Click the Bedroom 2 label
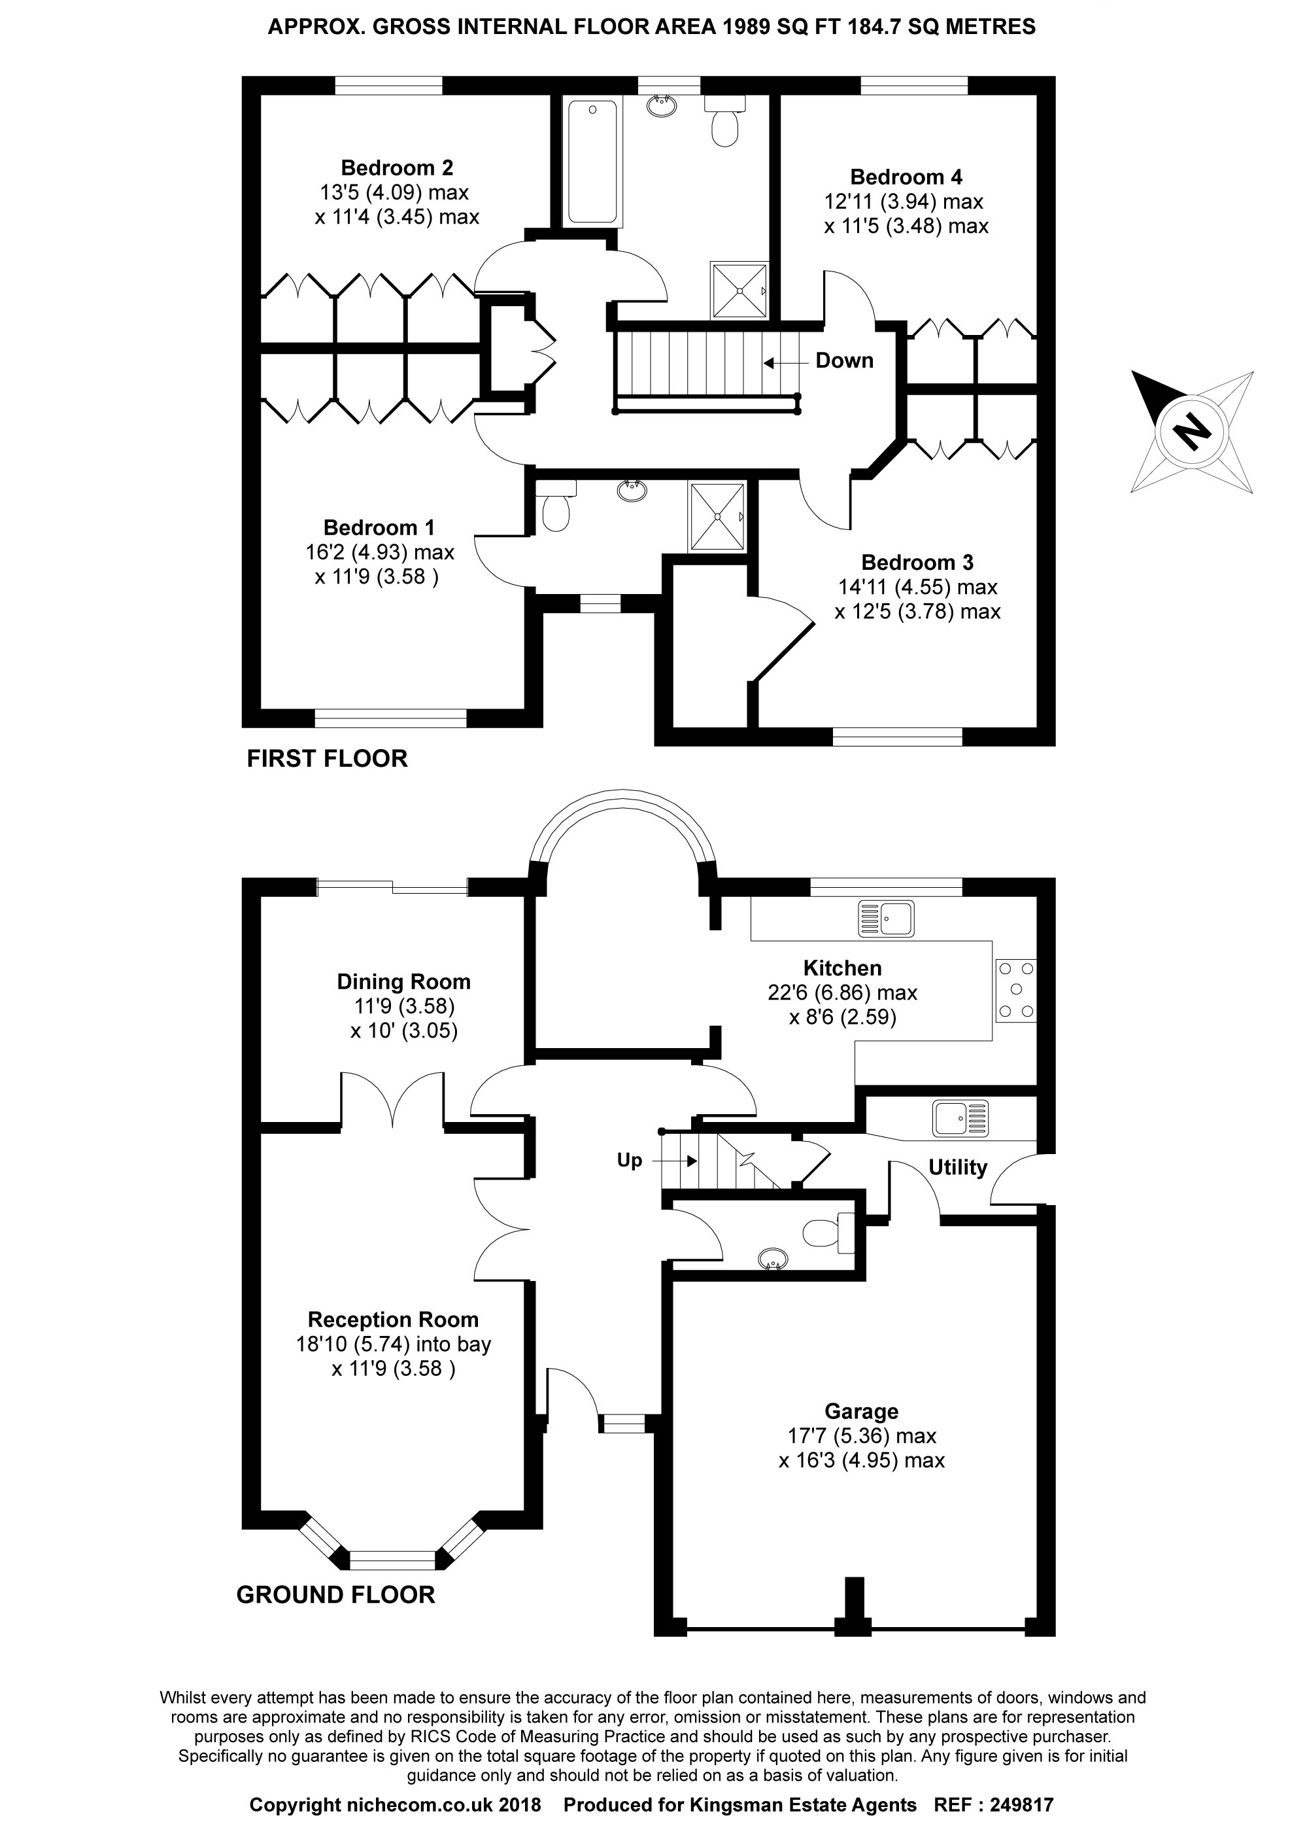click(x=396, y=168)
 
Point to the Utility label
click(x=957, y=1167)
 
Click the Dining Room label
click(x=403, y=981)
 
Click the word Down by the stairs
click(x=844, y=360)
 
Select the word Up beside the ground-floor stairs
click(x=630, y=1160)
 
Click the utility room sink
click(x=960, y=1119)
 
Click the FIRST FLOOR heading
click(x=327, y=758)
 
